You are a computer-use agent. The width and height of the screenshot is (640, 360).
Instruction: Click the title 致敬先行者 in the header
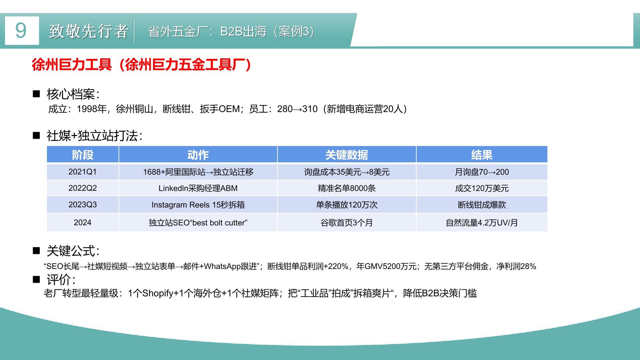tap(89, 31)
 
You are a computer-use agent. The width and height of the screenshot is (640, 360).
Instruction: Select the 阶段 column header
tap(83, 155)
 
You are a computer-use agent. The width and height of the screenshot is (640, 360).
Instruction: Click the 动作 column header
tap(198, 155)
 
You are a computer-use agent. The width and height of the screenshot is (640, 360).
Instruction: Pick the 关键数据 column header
tap(347, 155)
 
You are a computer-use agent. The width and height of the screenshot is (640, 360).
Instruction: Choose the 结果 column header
tap(482, 155)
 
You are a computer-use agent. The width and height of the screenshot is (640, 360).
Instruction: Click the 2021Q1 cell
tap(83, 172)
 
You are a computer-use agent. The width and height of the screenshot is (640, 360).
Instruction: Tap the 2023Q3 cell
tap(83, 204)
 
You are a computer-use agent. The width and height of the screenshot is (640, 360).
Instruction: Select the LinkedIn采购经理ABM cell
tap(198, 188)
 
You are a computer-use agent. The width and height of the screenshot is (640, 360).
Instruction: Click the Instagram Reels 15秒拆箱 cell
tap(198, 205)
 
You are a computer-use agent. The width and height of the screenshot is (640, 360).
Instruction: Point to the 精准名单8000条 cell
tap(347, 188)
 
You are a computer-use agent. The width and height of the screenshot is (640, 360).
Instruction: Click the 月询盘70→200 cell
tap(482, 172)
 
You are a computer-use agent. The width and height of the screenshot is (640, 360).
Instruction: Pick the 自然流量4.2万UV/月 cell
tap(482, 223)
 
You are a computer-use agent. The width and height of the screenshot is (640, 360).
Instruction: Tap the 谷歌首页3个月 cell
tap(347, 223)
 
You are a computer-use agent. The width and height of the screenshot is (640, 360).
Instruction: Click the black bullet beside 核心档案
tap(36, 94)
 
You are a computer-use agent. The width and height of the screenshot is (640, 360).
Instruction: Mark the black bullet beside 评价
tap(36, 279)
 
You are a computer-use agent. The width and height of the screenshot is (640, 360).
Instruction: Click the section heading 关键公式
tap(73, 251)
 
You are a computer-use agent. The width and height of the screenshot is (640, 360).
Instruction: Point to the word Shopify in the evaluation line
tap(158, 293)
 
